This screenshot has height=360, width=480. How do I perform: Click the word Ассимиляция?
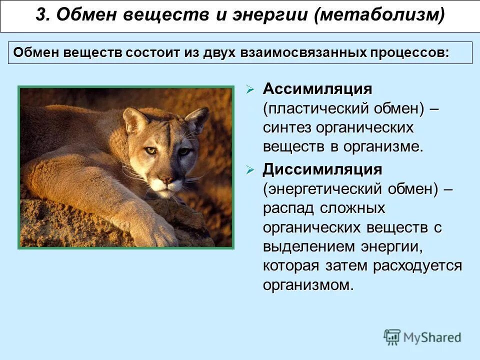point(317,89)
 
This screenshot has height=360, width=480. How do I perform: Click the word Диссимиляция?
point(322,169)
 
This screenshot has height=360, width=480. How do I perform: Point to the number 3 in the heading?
point(40,15)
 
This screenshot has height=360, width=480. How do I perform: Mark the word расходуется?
point(417,265)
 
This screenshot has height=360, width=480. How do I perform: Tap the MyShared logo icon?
point(392,336)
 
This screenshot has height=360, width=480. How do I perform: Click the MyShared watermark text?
point(432,337)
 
